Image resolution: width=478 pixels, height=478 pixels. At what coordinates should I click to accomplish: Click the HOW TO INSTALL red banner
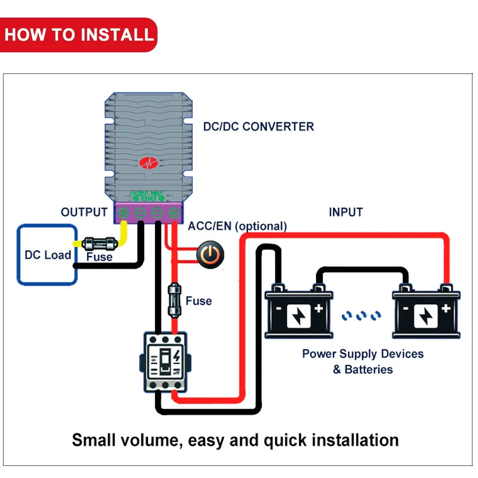(79, 35)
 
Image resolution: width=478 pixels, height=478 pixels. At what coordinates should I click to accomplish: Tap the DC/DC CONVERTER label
(258, 126)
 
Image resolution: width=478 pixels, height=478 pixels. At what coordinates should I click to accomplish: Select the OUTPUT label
(84, 212)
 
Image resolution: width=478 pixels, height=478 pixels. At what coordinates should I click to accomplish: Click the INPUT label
(346, 212)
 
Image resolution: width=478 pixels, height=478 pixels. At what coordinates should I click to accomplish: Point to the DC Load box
(47, 255)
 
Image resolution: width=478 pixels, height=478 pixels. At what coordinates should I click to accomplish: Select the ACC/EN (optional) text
(237, 226)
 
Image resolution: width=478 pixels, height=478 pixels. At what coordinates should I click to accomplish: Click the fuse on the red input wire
(174, 300)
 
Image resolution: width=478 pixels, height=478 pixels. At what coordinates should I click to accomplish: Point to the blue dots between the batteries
(361, 316)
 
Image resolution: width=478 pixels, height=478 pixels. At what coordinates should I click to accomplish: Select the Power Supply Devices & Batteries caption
(362, 361)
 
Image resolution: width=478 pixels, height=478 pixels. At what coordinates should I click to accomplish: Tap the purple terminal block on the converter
(148, 213)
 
